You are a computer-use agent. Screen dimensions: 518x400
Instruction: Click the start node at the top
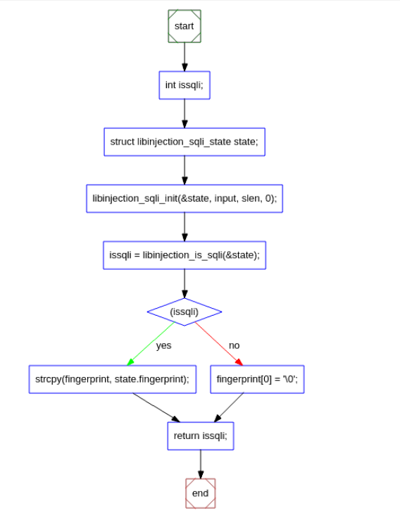point(184,26)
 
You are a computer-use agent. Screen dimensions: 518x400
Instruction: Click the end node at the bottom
point(200,493)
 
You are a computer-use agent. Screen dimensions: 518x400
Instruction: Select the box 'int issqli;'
point(184,85)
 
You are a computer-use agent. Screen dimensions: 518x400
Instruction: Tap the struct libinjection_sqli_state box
point(184,142)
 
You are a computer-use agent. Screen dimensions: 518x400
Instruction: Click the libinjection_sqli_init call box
point(184,199)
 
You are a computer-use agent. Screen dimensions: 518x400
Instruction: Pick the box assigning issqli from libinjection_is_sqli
point(184,255)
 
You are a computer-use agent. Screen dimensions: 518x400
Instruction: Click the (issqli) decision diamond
point(184,312)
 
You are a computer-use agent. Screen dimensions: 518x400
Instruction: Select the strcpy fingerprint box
point(112,379)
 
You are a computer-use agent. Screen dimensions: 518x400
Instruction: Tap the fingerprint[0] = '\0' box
point(257,379)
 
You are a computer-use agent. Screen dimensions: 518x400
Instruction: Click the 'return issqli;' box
point(200,436)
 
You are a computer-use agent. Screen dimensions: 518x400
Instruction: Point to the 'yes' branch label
point(163,345)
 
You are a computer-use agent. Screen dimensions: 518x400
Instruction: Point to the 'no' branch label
point(234,345)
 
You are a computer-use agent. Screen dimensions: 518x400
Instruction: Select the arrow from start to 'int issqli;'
point(184,56)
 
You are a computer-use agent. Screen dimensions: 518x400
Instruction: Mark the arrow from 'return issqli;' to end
point(200,464)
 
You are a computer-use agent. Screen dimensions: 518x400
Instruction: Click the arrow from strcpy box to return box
point(156,407)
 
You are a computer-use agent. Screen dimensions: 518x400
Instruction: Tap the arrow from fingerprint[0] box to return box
point(229,407)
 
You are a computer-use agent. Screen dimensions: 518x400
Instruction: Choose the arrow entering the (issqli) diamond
point(184,283)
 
